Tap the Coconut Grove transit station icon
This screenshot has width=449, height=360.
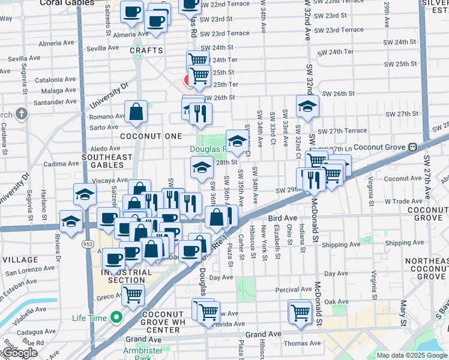[x=413, y=147]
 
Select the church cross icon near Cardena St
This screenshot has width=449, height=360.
[x=21, y=113]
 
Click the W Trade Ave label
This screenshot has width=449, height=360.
[x=390, y=202]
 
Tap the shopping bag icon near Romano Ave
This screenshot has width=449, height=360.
[x=136, y=112]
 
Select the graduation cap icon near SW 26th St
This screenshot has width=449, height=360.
[x=307, y=106]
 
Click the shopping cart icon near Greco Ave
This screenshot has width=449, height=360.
[x=133, y=295]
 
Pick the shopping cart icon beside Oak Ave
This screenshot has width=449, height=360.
[x=300, y=311]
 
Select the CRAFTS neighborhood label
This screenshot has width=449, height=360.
[x=146, y=50]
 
